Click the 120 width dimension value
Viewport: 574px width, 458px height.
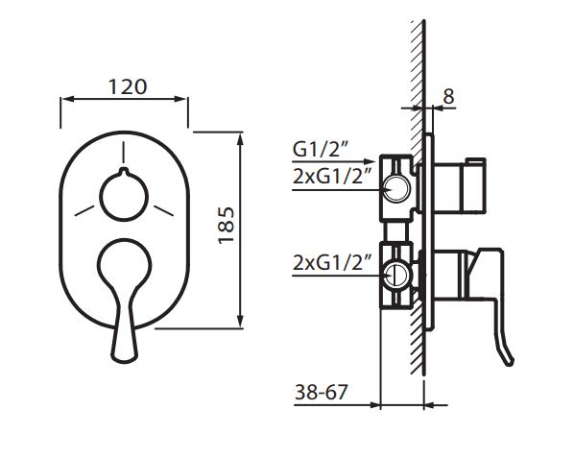[128, 87]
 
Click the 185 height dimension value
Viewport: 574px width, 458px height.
[226, 225]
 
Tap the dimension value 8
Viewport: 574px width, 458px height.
[448, 97]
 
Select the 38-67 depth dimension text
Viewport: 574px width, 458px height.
[321, 392]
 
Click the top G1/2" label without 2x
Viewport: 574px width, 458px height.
[320, 150]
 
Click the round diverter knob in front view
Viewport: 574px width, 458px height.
[124, 196]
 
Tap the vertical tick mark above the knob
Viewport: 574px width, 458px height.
[124, 153]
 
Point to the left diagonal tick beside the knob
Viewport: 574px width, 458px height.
[84, 210]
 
